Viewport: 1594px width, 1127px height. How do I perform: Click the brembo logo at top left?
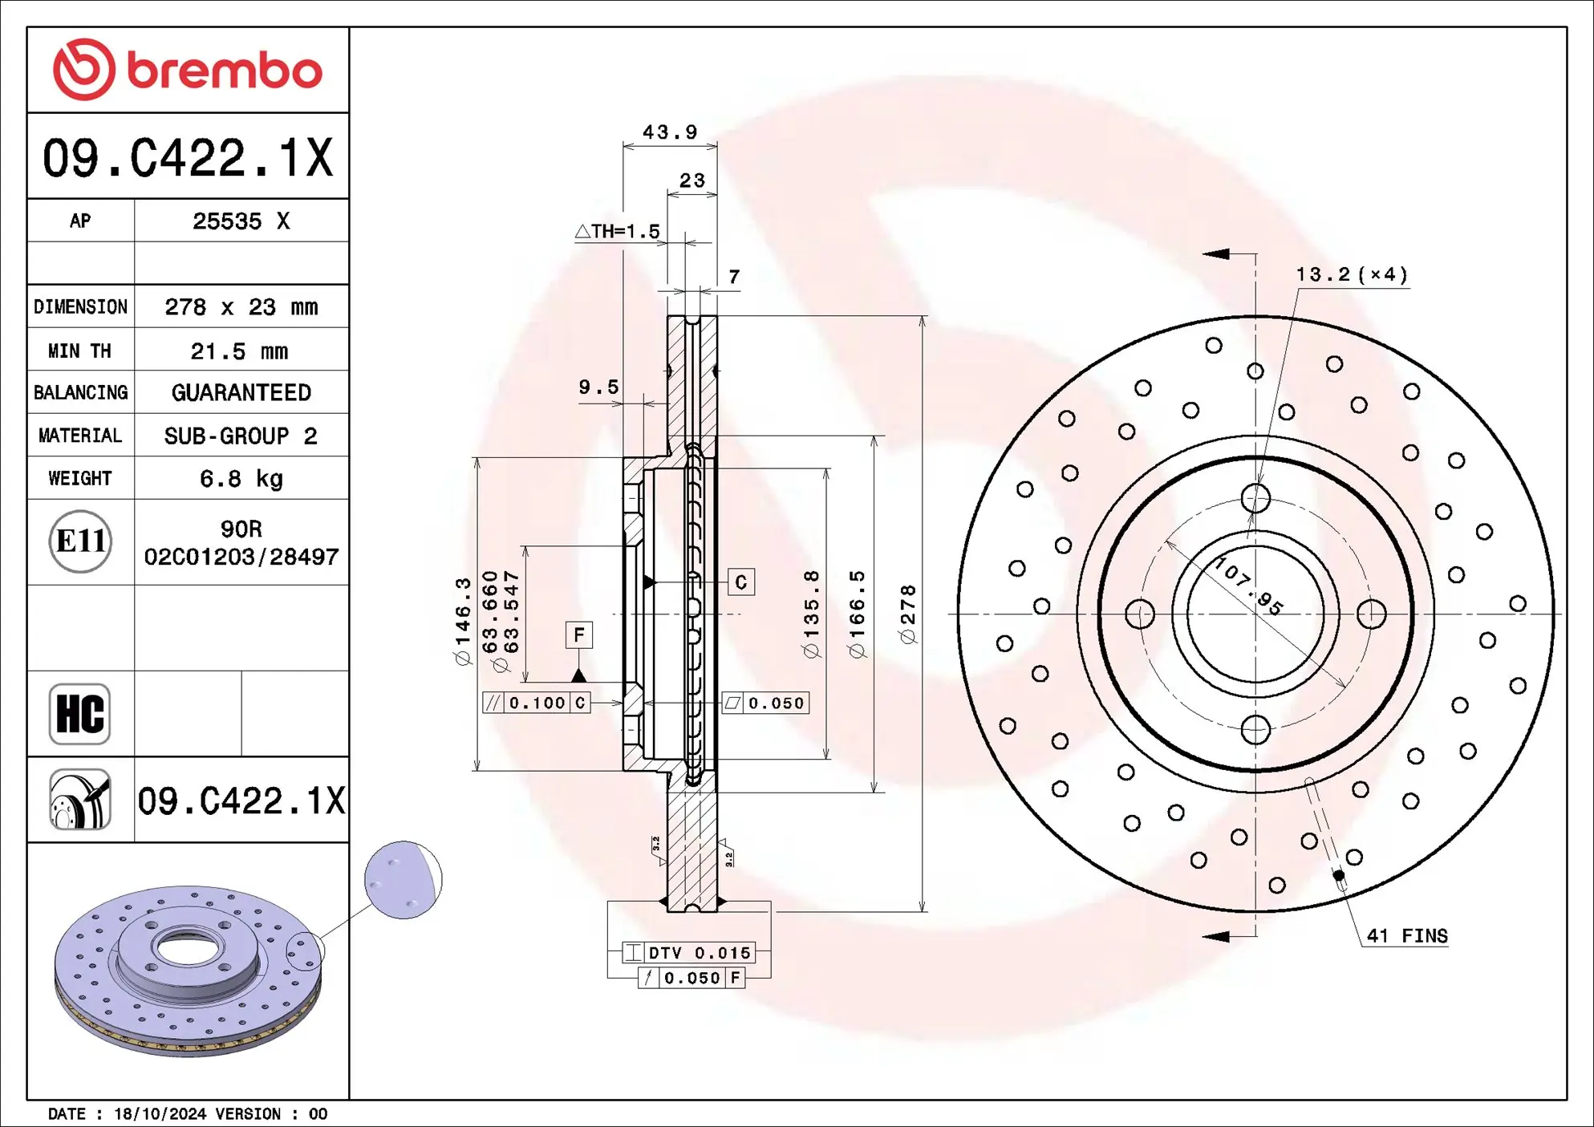pyautogui.click(x=187, y=70)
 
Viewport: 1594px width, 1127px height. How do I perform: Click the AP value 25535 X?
pyautogui.click(x=241, y=221)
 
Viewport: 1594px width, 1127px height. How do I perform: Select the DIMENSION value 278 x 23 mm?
pyautogui.click(x=241, y=307)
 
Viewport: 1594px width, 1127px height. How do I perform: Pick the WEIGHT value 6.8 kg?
pyautogui.click(x=241, y=479)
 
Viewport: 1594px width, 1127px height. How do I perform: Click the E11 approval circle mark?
pyautogui.click(x=79, y=541)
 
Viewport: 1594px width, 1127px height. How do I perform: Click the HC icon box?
pyautogui.click(x=79, y=714)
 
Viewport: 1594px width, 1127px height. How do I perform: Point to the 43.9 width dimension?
pyautogui.click(x=670, y=132)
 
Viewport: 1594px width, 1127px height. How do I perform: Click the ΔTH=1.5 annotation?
pyautogui.click(x=618, y=232)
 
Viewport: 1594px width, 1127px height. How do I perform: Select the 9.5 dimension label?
pyautogui.click(x=598, y=387)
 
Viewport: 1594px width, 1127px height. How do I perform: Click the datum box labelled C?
pyautogui.click(x=740, y=582)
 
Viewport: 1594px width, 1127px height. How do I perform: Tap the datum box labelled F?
pyautogui.click(x=578, y=635)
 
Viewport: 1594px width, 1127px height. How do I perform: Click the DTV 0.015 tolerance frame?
pyautogui.click(x=689, y=953)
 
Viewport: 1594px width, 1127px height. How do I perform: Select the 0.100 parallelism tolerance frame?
pyautogui.click(x=536, y=703)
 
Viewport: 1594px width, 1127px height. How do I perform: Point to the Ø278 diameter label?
pyautogui.click(x=907, y=614)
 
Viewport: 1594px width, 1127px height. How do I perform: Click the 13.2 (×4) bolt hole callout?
pyautogui.click(x=1351, y=275)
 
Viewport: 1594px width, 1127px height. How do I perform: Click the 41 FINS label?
pyautogui.click(x=1407, y=936)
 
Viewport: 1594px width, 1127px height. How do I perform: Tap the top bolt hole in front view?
pyautogui.click(x=1255, y=498)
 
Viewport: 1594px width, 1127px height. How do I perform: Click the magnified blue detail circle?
pyautogui.click(x=403, y=880)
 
